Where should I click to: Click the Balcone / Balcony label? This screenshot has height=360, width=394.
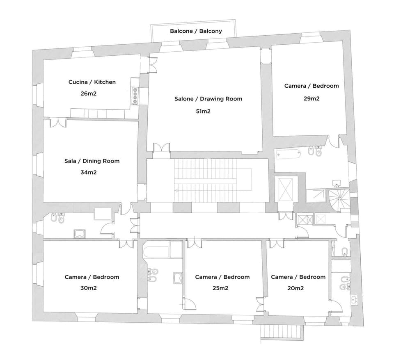[196, 31]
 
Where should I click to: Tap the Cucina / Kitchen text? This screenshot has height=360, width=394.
[92, 82]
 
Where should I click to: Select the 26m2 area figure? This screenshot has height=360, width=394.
[89, 93]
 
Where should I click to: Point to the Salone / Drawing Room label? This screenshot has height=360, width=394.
[208, 99]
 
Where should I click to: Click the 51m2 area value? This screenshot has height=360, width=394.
[204, 111]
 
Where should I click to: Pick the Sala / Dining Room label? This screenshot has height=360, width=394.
[92, 161]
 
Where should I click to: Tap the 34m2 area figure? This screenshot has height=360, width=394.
[89, 172]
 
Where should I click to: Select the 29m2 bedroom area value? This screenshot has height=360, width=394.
[312, 98]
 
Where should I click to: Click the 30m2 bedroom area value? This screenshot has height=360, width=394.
[89, 288]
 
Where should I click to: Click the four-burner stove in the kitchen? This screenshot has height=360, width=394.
[135, 95]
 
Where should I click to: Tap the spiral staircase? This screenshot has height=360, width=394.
[339, 198]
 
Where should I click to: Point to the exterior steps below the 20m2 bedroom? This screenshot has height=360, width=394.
[282, 331]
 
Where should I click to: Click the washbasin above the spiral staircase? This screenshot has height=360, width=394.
[337, 182]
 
